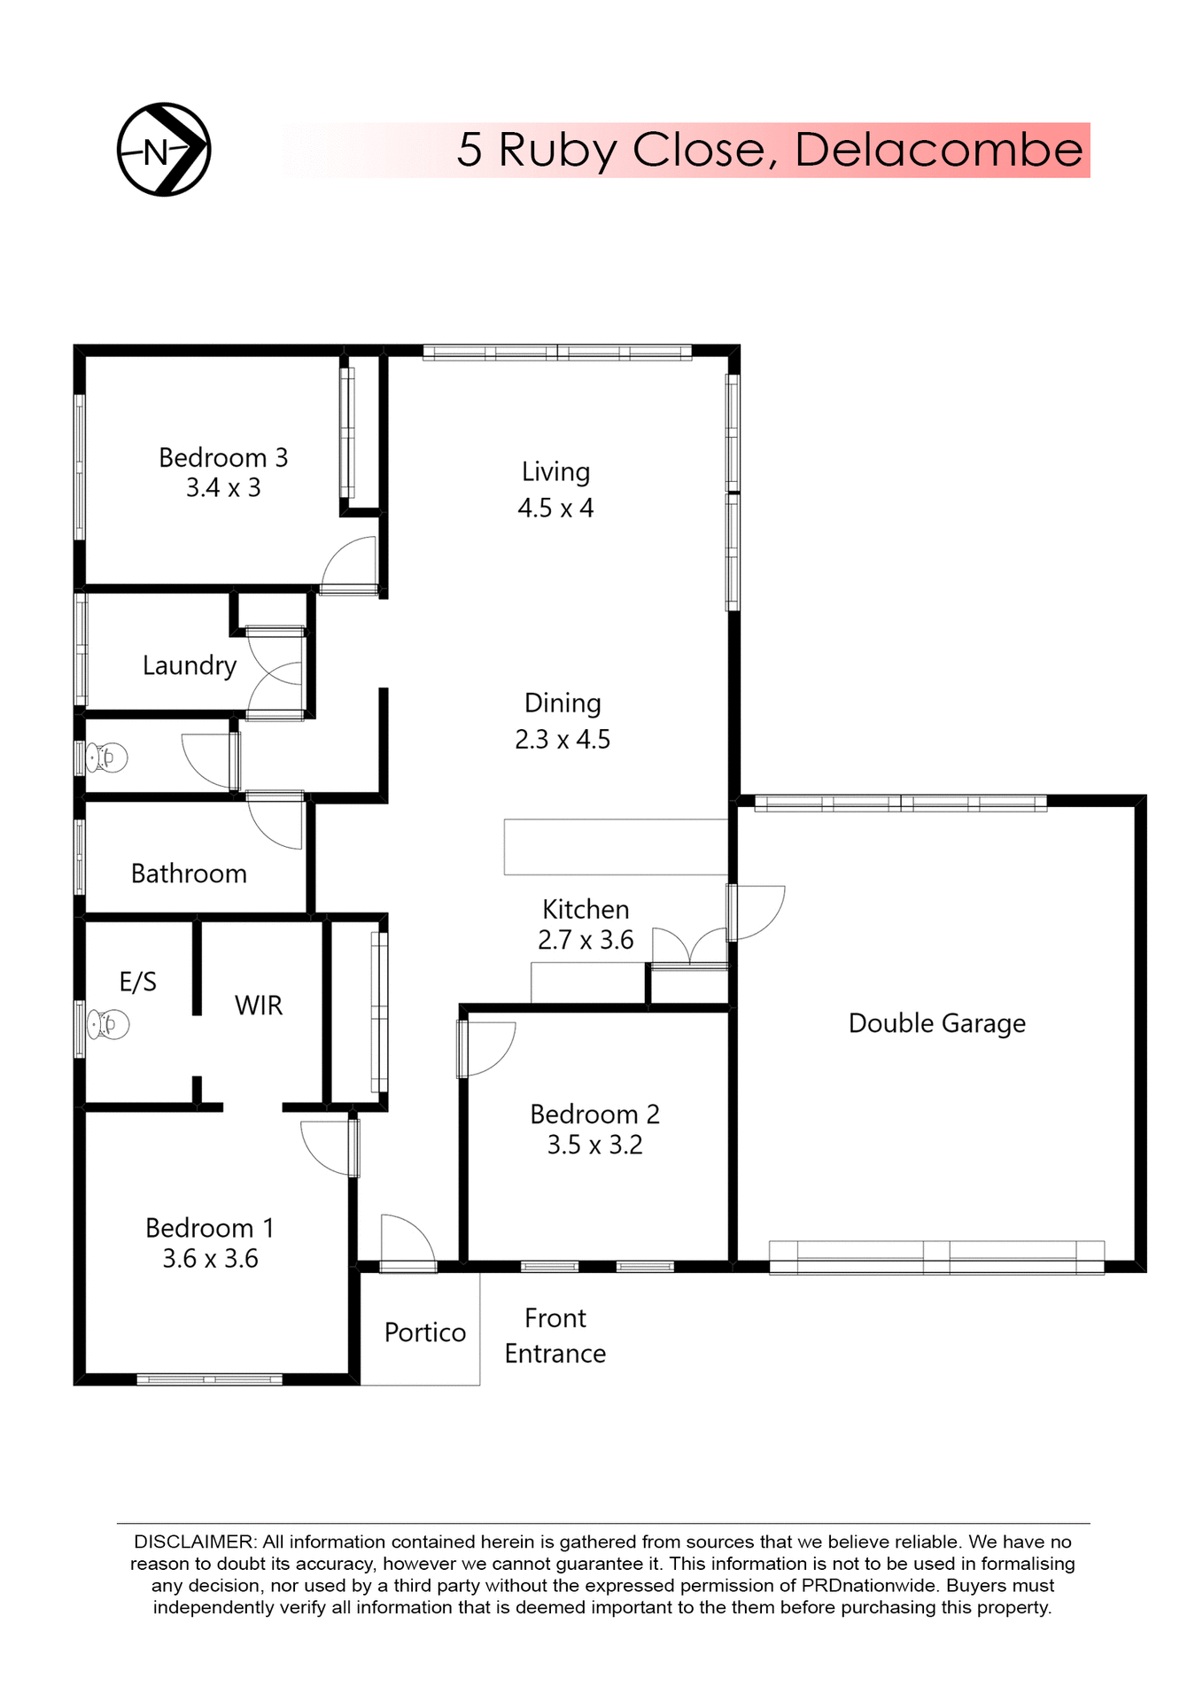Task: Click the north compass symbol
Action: (x=164, y=150)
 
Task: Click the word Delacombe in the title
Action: (x=938, y=150)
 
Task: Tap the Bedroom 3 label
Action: (x=223, y=458)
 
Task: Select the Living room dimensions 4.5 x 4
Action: (x=555, y=509)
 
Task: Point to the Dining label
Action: (x=563, y=703)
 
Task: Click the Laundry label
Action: (x=190, y=665)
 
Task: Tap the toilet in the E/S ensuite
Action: (x=108, y=1025)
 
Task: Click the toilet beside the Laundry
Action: (x=107, y=758)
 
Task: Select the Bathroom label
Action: (x=189, y=874)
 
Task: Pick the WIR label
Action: (x=259, y=1006)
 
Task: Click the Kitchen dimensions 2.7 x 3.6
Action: (x=586, y=940)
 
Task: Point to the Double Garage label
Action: (x=936, y=1023)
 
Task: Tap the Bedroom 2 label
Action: (x=594, y=1115)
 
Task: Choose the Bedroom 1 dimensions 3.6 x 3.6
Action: (x=210, y=1259)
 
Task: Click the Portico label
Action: (x=425, y=1332)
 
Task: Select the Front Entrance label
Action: (x=555, y=1336)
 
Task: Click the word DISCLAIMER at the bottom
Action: (x=194, y=1542)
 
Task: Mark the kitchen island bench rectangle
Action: (x=616, y=847)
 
